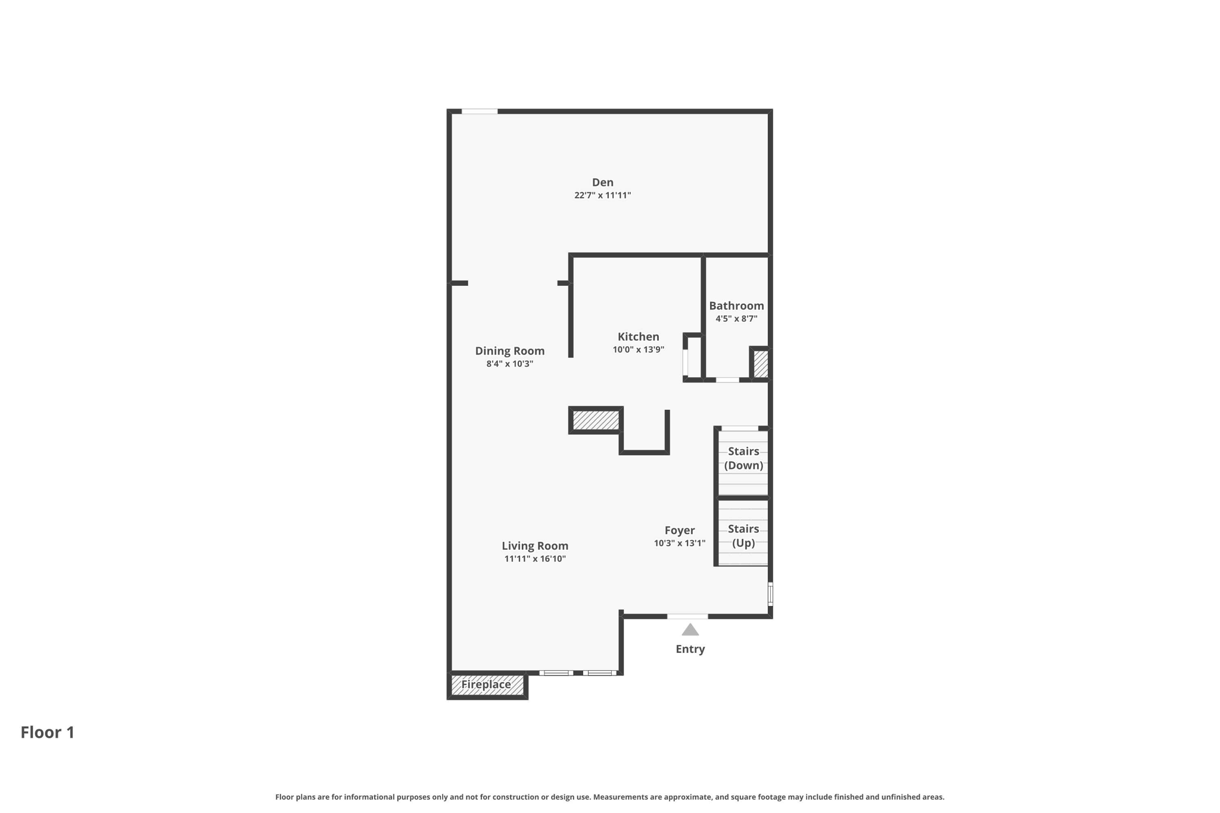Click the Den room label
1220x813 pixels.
point(602,182)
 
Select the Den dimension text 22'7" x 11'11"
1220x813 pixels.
point(602,195)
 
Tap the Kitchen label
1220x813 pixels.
point(638,337)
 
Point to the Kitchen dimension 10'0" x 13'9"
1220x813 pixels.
point(638,350)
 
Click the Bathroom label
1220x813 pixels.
point(736,306)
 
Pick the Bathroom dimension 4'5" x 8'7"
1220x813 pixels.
point(736,319)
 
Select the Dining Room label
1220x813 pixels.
point(509,351)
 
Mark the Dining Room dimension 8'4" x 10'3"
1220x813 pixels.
point(509,364)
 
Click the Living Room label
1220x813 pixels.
point(534,546)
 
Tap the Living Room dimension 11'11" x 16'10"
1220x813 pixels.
point(534,559)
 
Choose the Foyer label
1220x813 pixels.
point(679,531)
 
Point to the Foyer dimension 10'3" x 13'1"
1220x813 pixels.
point(679,543)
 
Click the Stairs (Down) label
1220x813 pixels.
point(743,459)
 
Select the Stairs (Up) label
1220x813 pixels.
point(743,536)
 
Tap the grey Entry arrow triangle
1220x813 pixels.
point(690,630)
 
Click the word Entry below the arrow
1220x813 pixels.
point(690,649)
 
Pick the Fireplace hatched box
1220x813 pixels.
point(487,685)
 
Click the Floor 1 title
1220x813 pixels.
point(48,733)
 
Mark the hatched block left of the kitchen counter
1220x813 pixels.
point(596,420)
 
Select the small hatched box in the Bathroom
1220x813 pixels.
point(761,363)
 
